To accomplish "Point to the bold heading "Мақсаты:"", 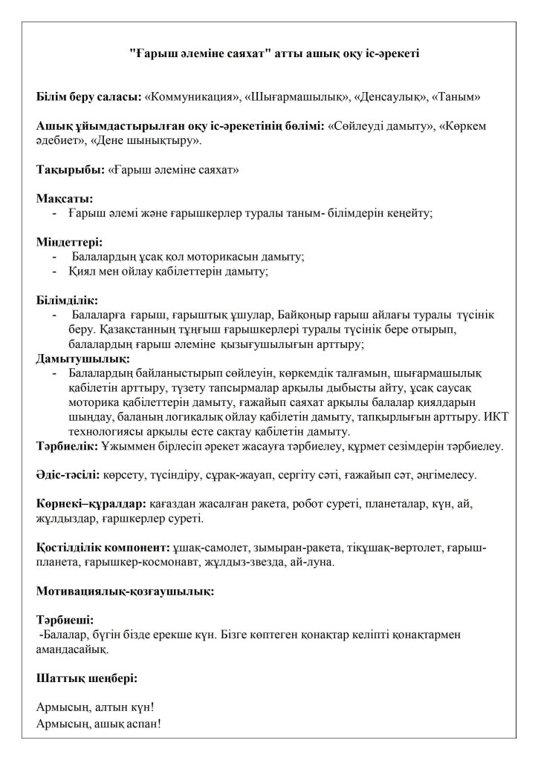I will (65, 198).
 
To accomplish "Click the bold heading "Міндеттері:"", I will (69, 242).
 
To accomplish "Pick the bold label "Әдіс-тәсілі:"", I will (69, 474).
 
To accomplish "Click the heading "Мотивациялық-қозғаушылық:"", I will (126, 592).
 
